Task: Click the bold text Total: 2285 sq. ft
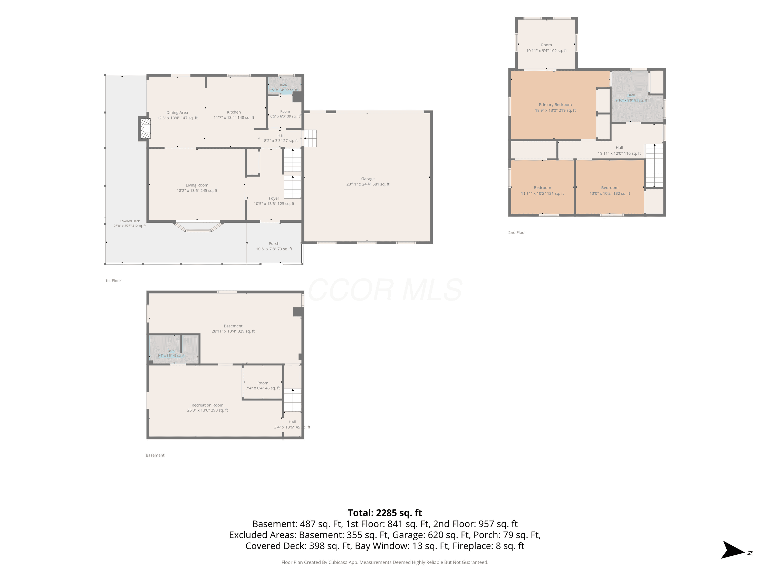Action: point(385,513)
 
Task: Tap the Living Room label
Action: point(197,188)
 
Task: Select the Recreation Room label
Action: point(207,408)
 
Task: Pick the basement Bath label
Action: point(171,353)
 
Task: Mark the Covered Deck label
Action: point(130,223)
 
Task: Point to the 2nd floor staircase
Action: point(654,166)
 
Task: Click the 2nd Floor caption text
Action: point(517,232)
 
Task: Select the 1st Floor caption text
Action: point(113,281)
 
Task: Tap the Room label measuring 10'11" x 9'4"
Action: point(546,48)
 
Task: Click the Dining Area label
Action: point(177,115)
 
